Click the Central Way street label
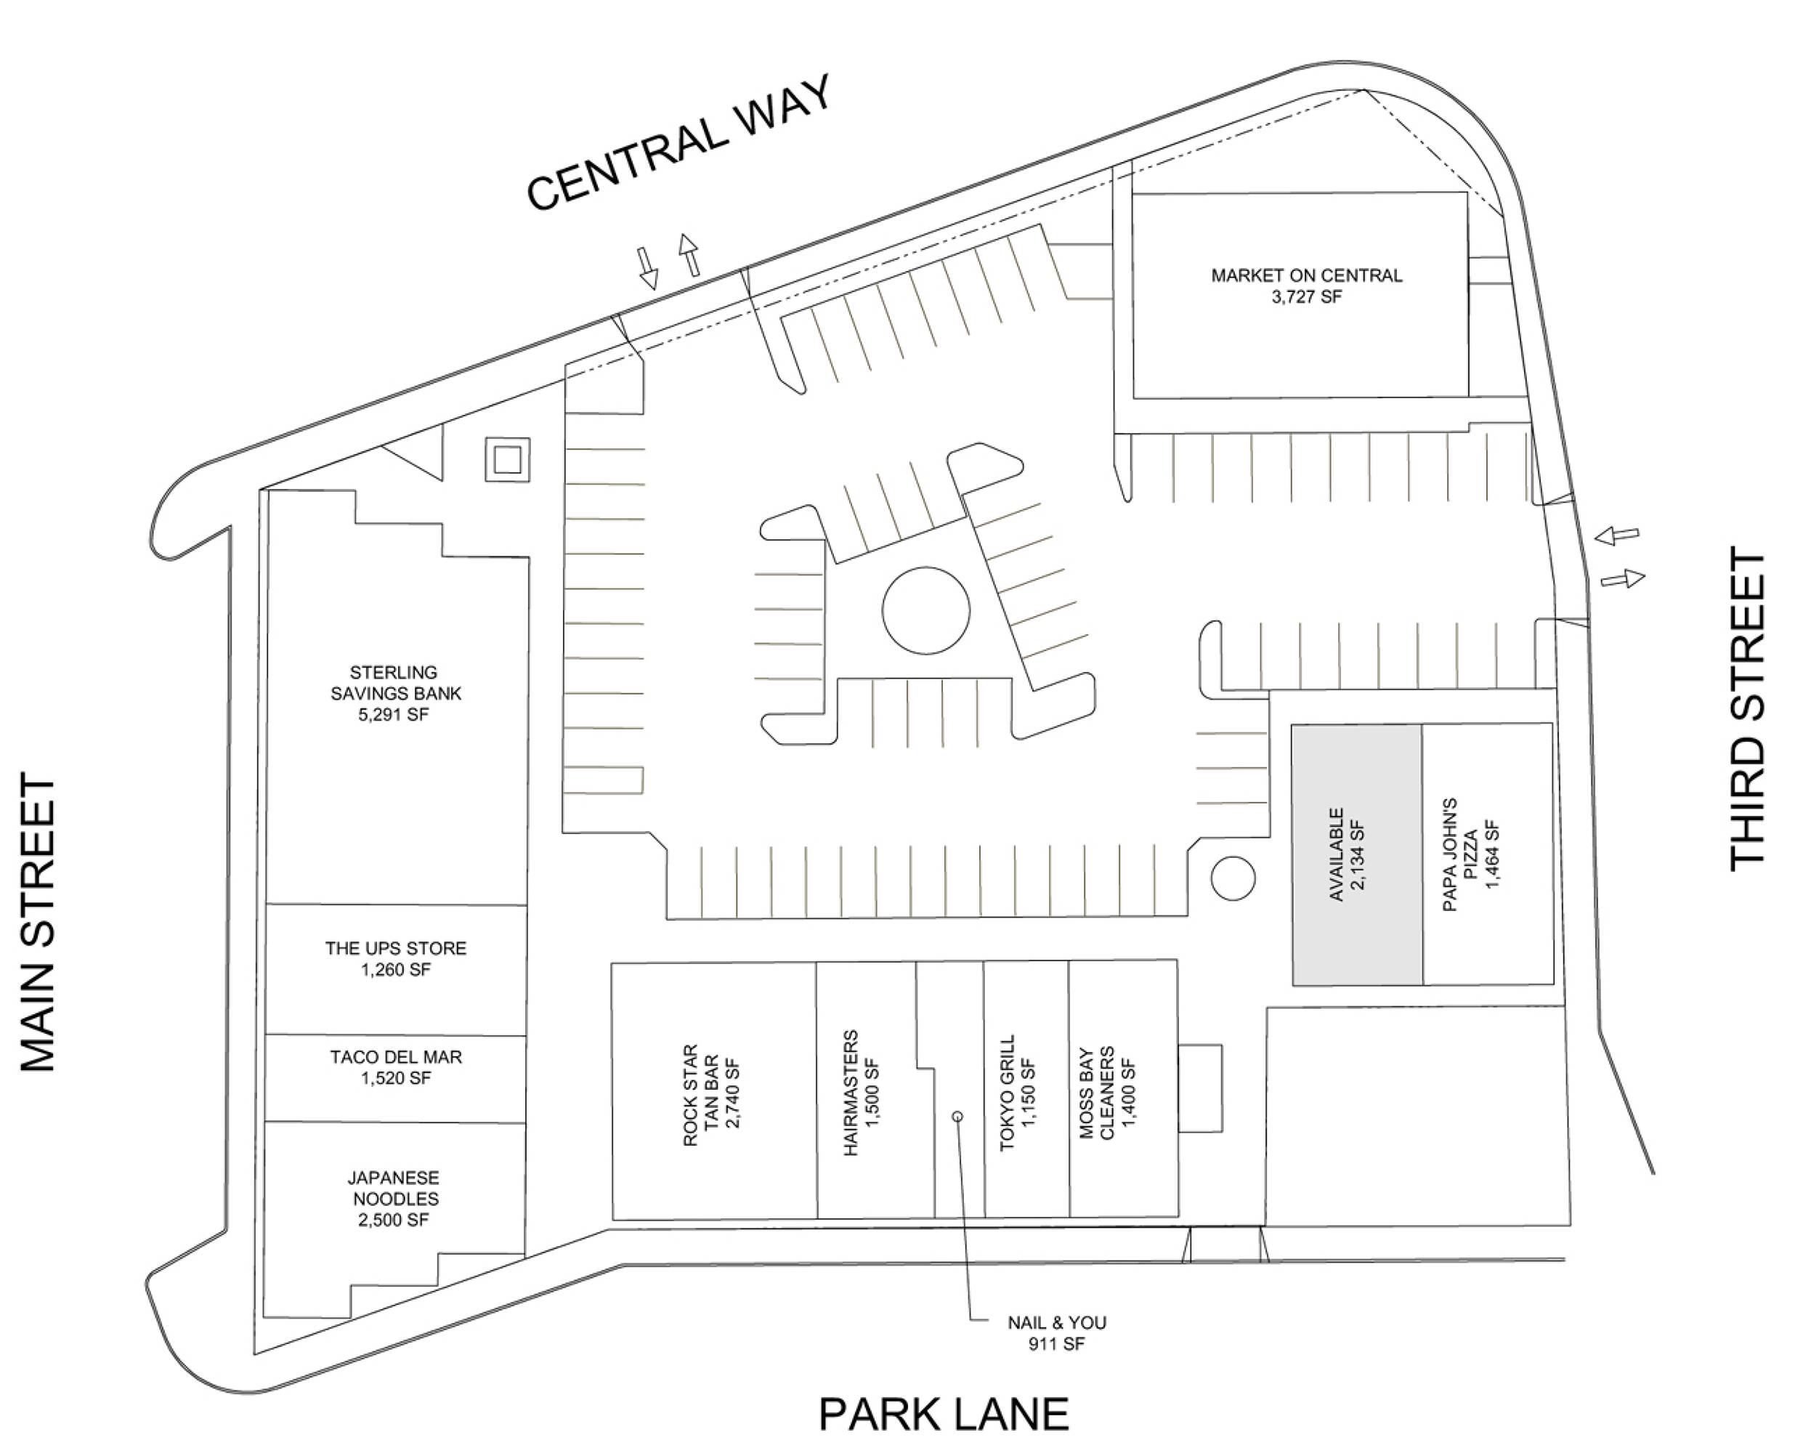679,142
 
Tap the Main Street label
38,923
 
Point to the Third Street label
1746,708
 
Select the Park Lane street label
943,1414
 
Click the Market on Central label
1306,286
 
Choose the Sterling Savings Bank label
395,693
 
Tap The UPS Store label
396,958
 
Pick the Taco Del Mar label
396,1067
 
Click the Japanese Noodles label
393,1199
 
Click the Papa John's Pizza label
1472,854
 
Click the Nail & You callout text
1057,1333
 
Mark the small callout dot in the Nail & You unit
958,1117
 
